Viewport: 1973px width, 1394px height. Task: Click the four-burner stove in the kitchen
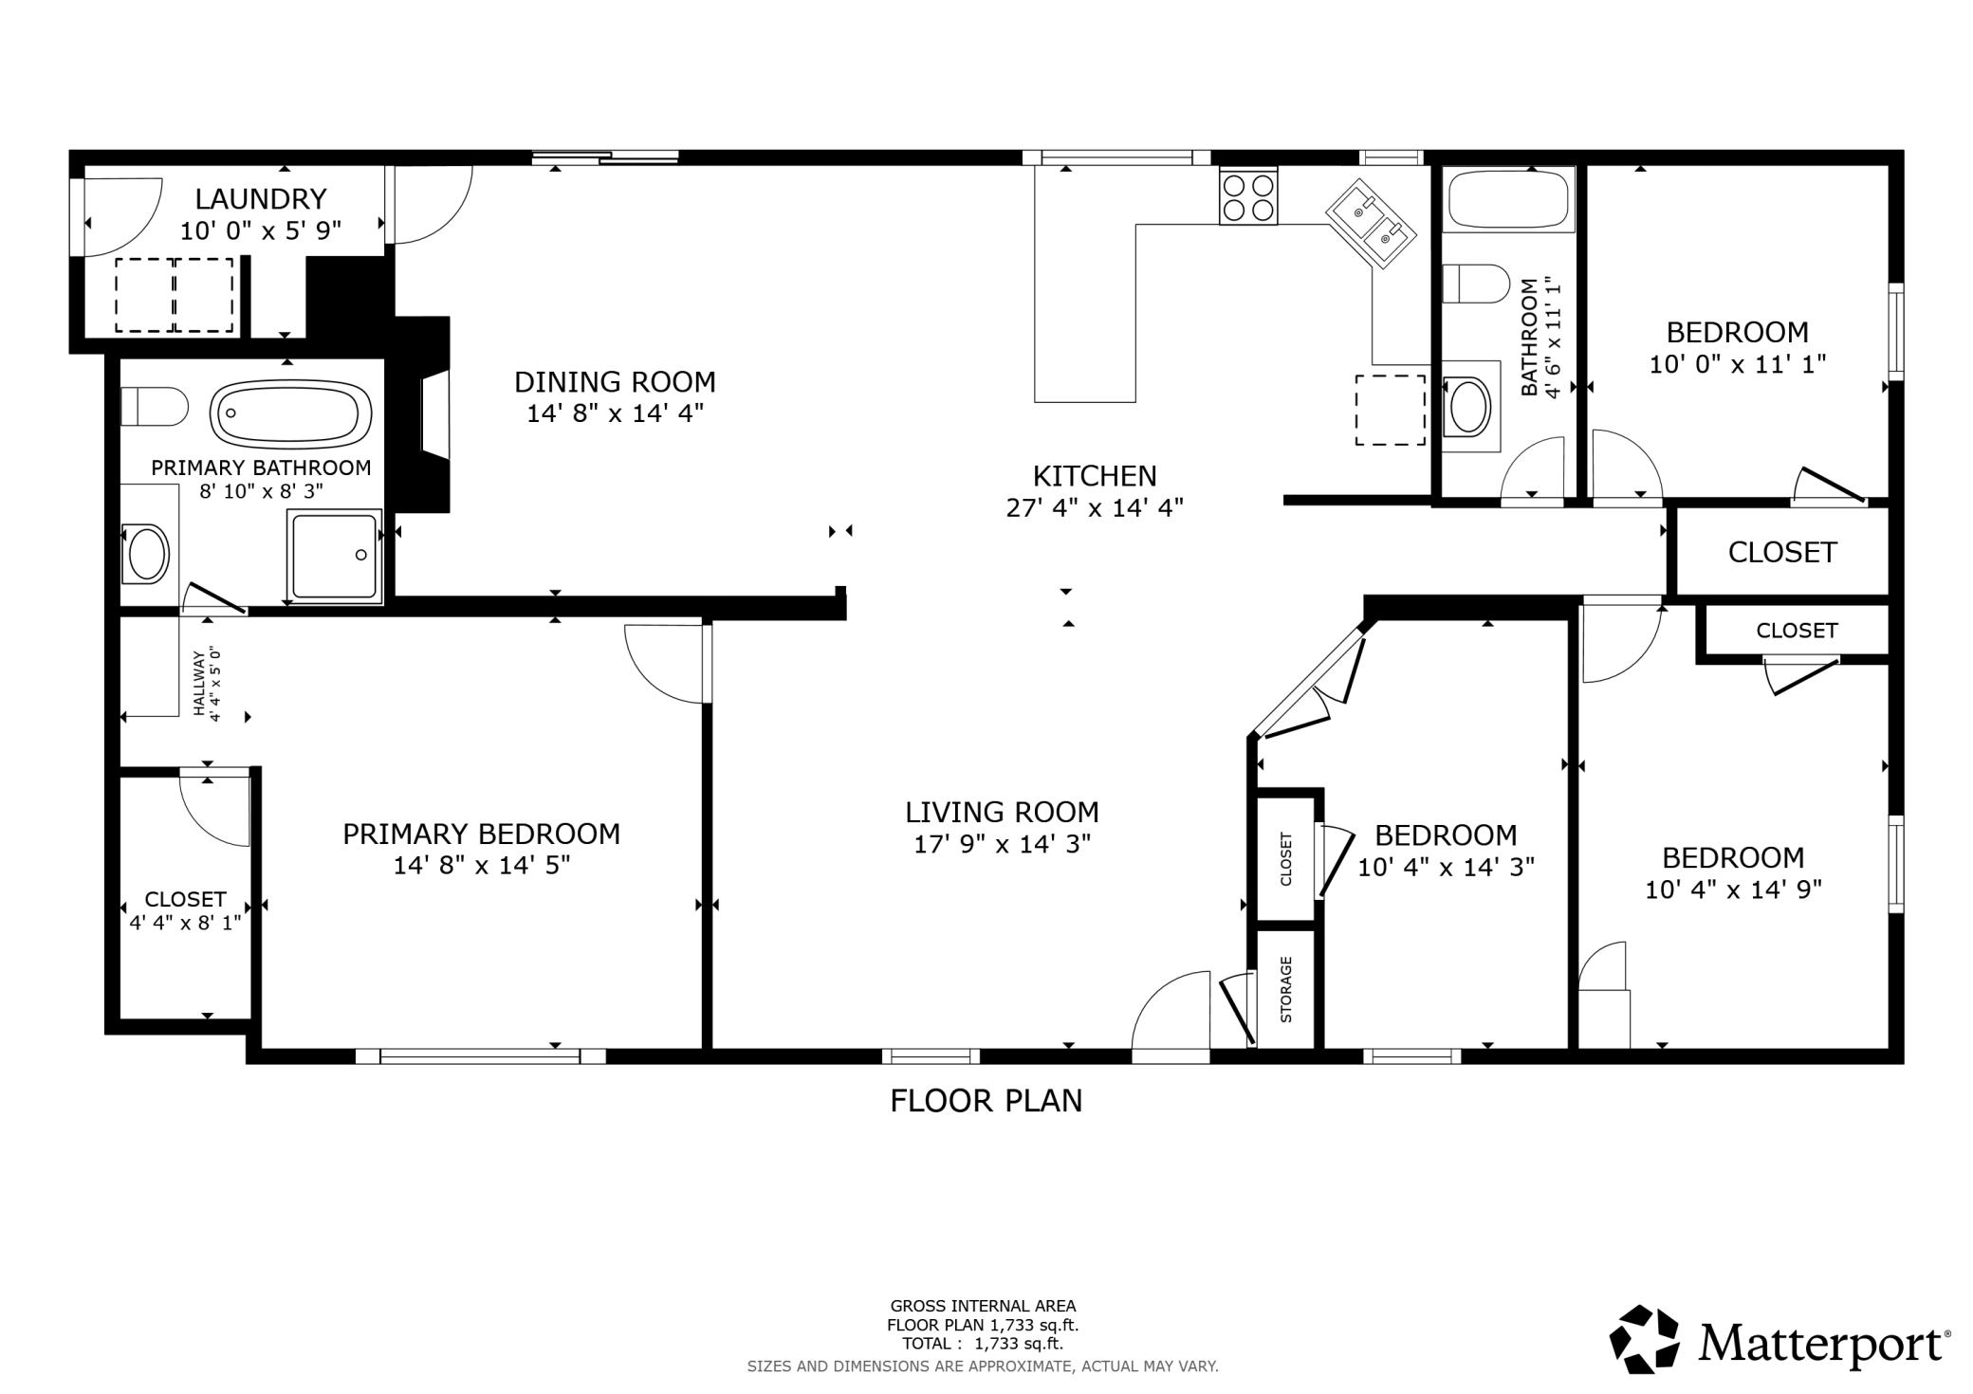click(1248, 196)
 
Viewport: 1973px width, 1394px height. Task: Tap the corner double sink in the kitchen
click(1371, 224)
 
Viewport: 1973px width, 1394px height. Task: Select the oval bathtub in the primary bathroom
click(290, 413)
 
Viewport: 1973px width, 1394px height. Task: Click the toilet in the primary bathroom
click(154, 406)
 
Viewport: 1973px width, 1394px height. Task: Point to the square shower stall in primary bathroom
click(335, 556)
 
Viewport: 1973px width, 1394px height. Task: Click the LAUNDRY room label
click(261, 199)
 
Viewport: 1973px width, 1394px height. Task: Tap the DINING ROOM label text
click(615, 382)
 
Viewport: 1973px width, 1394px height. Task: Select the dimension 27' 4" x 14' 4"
click(1095, 508)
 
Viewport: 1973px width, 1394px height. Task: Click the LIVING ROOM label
click(1002, 812)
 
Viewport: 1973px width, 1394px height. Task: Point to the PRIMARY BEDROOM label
click(482, 834)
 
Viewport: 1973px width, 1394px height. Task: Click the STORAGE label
click(1286, 990)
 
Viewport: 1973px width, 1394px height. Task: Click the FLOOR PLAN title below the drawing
click(986, 1100)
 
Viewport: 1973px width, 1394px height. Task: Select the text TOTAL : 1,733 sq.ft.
click(983, 1344)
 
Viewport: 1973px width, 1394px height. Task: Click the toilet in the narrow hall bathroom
click(1476, 284)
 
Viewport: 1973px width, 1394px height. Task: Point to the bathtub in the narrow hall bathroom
click(1508, 199)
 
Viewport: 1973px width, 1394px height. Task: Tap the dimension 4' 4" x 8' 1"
click(186, 922)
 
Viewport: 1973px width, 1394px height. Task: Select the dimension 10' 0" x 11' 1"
click(1738, 364)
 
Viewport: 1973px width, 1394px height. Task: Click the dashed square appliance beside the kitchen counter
click(1390, 410)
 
